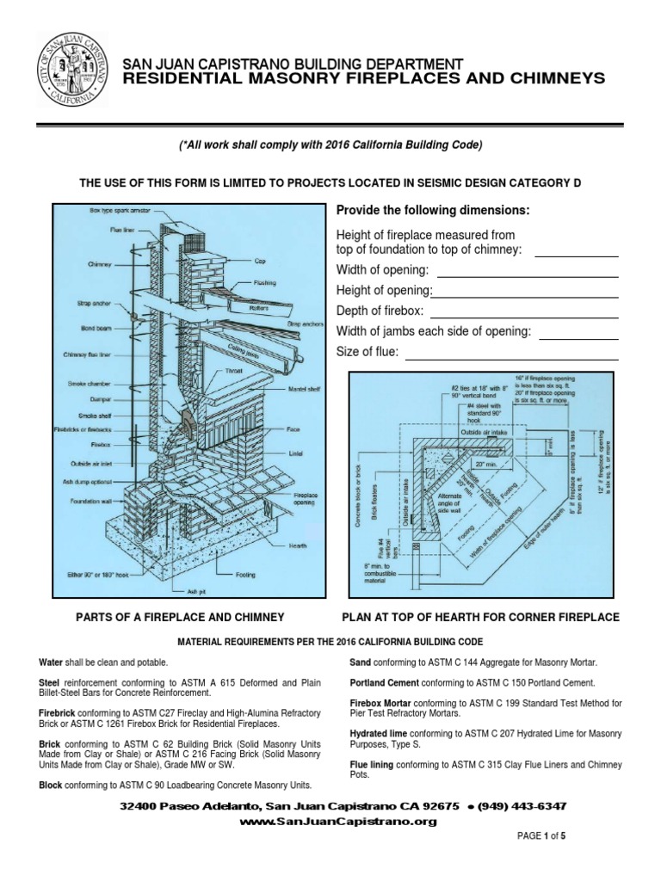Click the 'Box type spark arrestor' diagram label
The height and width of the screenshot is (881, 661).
coord(116,211)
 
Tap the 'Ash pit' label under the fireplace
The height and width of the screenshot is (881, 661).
coord(197,591)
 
